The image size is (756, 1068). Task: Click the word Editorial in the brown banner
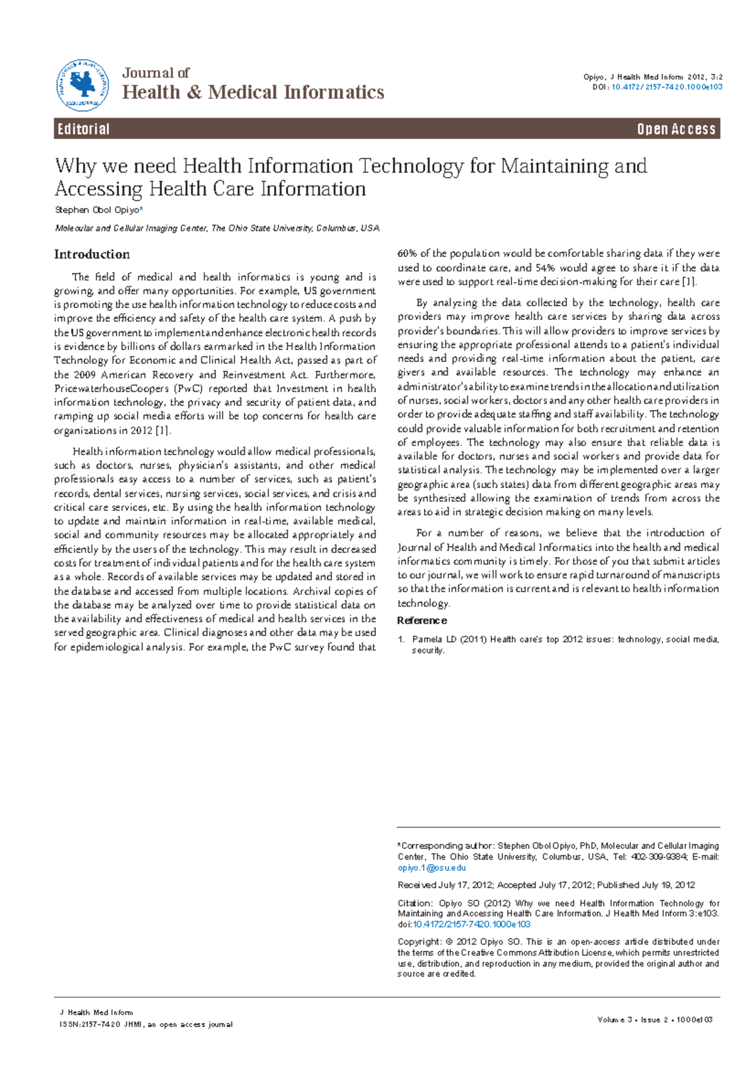tap(84, 129)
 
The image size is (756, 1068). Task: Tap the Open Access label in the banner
tap(676, 129)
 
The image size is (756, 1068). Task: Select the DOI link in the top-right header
tap(667, 87)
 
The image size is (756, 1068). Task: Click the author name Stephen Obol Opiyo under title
tap(97, 210)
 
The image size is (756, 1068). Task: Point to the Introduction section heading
tap(92, 254)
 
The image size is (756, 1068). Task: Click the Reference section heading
tap(422, 620)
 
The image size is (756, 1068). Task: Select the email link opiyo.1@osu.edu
tap(432, 868)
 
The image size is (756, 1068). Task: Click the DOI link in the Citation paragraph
tap(471, 924)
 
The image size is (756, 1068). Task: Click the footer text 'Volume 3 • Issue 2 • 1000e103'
tap(655, 1020)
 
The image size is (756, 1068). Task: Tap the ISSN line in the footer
tap(145, 1025)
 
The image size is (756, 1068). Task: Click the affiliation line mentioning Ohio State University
tap(217, 228)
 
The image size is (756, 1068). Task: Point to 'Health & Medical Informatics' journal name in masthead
tap(253, 93)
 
